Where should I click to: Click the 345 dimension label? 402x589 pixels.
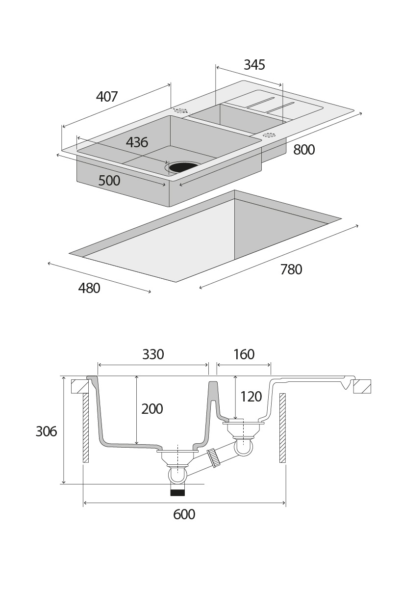coord(254,65)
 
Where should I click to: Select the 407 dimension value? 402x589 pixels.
coord(107,97)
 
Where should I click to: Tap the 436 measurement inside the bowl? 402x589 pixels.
coord(137,142)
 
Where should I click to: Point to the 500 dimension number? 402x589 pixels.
coord(109,181)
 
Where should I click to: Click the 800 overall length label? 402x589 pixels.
coord(304,150)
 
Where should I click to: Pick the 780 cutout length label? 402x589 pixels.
coord(291,269)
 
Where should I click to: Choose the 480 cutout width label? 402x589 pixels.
coord(89,288)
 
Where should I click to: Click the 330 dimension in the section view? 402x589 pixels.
coord(153,354)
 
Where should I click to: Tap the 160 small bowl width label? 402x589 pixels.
coord(244,354)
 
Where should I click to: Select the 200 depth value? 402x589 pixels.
coord(152,409)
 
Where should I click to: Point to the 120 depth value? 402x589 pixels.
coord(251,397)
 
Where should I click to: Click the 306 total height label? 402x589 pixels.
coord(47,431)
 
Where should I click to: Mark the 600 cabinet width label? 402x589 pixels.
coord(184,514)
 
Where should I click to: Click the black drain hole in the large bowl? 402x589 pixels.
coord(183,167)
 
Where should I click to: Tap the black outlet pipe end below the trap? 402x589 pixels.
coord(177,492)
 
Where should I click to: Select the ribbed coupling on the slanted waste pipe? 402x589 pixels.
coord(213,457)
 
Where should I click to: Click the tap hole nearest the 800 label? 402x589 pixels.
coord(269,134)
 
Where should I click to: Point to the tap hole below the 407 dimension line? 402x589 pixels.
coord(181,110)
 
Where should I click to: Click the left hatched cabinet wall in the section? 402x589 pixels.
coord(85,428)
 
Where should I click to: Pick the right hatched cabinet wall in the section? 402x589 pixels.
coord(282,428)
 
